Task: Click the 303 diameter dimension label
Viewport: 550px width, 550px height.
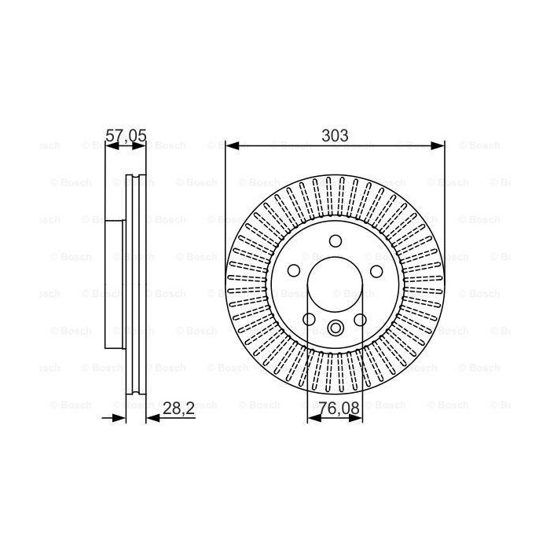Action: pyautogui.click(x=335, y=135)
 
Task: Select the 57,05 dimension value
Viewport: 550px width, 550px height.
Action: pyautogui.click(x=126, y=135)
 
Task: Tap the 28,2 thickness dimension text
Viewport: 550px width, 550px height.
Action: pyautogui.click(x=178, y=409)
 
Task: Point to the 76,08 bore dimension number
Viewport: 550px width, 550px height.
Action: pyautogui.click(x=339, y=409)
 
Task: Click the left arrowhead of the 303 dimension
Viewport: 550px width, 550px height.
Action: pyautogui.click(x=233, y=146)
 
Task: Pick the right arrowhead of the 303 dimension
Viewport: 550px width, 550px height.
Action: pyautogui.click(x=438, y=146)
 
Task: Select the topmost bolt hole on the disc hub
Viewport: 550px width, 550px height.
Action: pyautogui.click(x=335, y=241)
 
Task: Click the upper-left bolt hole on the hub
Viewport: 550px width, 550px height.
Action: pyautogui.click(x=294, y=270)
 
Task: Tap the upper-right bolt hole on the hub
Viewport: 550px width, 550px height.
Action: pyautogui.click(x=376, y=271)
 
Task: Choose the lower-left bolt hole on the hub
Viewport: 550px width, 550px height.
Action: pyautogui.click(x=309, y=319)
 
